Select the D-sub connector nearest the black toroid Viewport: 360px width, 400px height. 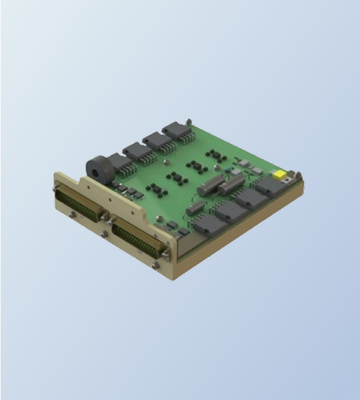click(x=80, y=204)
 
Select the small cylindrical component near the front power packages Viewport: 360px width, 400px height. click(x=194, y=208)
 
